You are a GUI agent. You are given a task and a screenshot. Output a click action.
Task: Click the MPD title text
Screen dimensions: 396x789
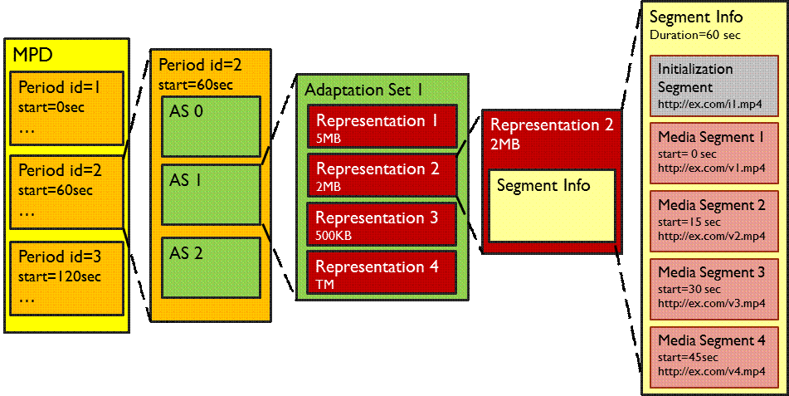tap(32, 56)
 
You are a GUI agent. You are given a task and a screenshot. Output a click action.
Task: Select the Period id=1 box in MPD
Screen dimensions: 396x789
tap(67, 109)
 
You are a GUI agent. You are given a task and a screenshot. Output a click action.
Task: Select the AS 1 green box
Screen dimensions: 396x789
tap(211, 194)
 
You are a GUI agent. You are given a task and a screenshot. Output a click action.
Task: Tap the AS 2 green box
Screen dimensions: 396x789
tap(211, 267)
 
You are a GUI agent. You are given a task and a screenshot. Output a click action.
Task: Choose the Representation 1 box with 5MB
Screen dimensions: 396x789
tap(382, 127)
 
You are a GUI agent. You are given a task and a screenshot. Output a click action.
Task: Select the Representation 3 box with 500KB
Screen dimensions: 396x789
tap(382, 224)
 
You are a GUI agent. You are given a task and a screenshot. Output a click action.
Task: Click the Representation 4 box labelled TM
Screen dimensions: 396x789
tap(382, 273)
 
